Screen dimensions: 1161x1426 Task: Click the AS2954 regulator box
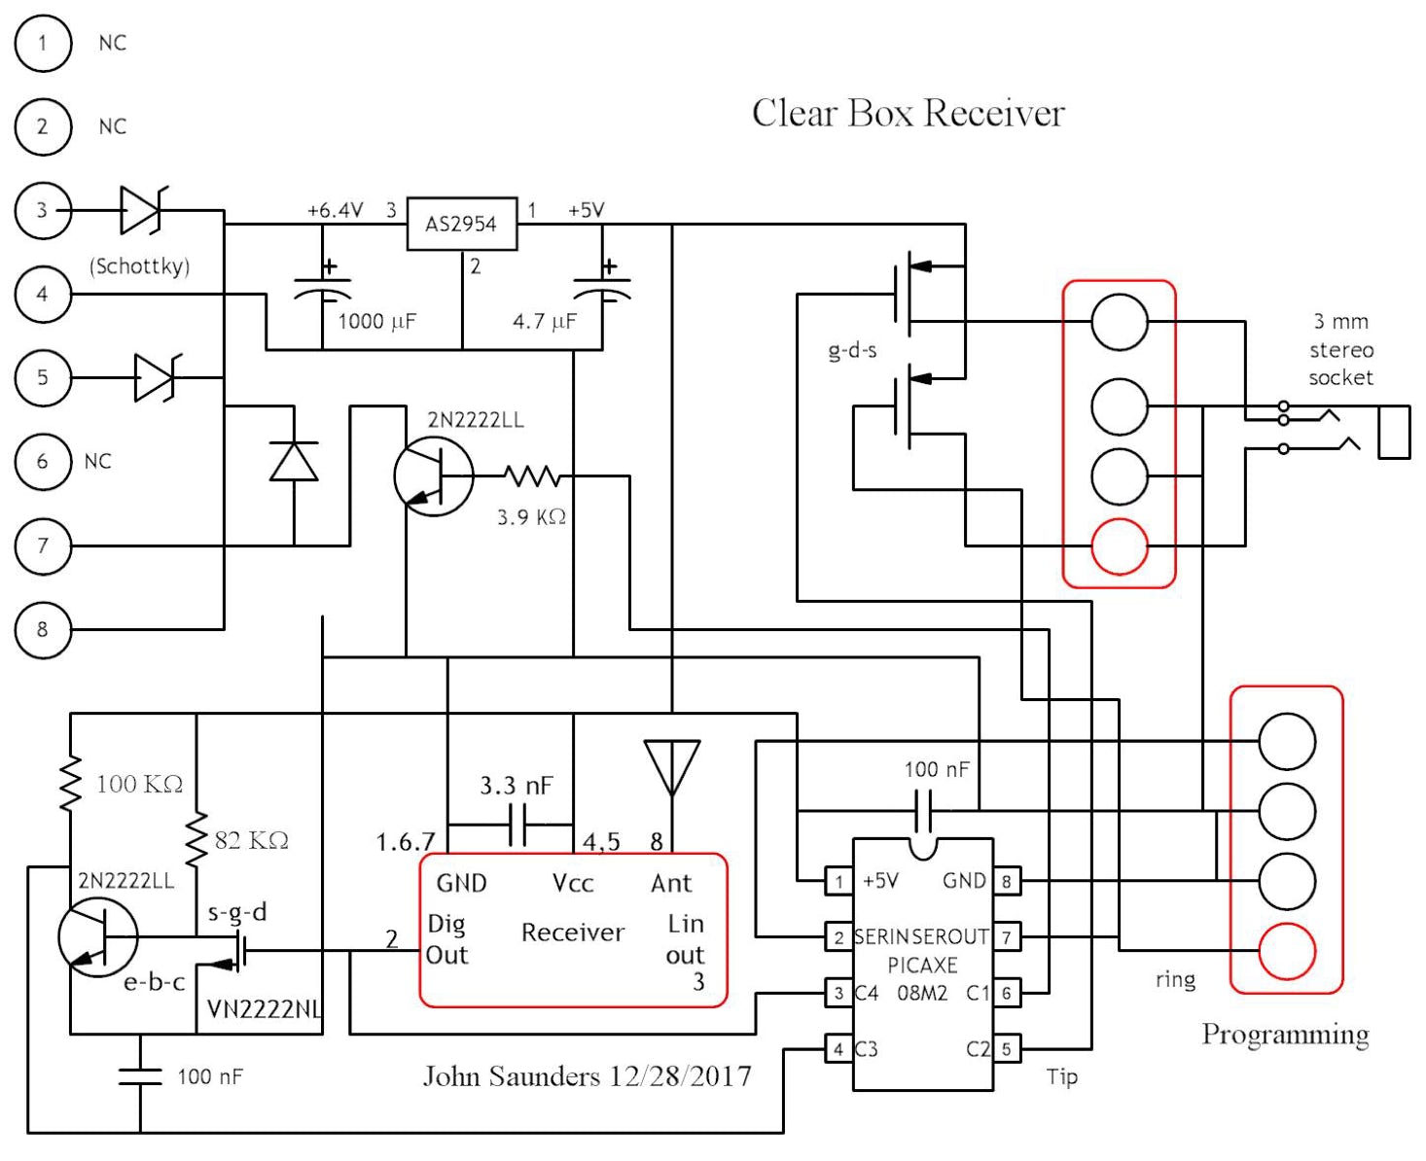pos(461,224)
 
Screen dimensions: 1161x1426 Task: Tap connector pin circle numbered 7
pos(43,545)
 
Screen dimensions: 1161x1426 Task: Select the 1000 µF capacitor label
pos(376,321)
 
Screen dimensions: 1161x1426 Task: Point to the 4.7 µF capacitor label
pos(544,321)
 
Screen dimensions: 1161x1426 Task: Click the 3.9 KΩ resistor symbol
pos(531,476)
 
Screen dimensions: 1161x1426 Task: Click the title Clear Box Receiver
pos(908,113)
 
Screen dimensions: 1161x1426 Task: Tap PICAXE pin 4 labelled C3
pos(838,1049)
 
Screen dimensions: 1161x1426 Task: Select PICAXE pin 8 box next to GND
pos(1006,882)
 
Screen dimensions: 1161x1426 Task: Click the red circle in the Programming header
pos(1287,951)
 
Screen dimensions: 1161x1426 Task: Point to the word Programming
pos(1285,1034)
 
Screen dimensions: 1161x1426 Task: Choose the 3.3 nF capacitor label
pos(517,786)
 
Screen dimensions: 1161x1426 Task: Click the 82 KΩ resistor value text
pos(251,840)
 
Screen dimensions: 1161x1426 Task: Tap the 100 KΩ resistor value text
pos(139,784)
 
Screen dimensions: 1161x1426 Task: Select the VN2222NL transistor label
pos(264,1009)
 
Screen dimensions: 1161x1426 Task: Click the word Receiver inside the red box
pos(572,932)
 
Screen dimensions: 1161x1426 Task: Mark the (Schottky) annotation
pos(139,265)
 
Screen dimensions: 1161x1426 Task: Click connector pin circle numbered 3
pos(43,210)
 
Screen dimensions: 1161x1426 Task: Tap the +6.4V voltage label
pos(335,210)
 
